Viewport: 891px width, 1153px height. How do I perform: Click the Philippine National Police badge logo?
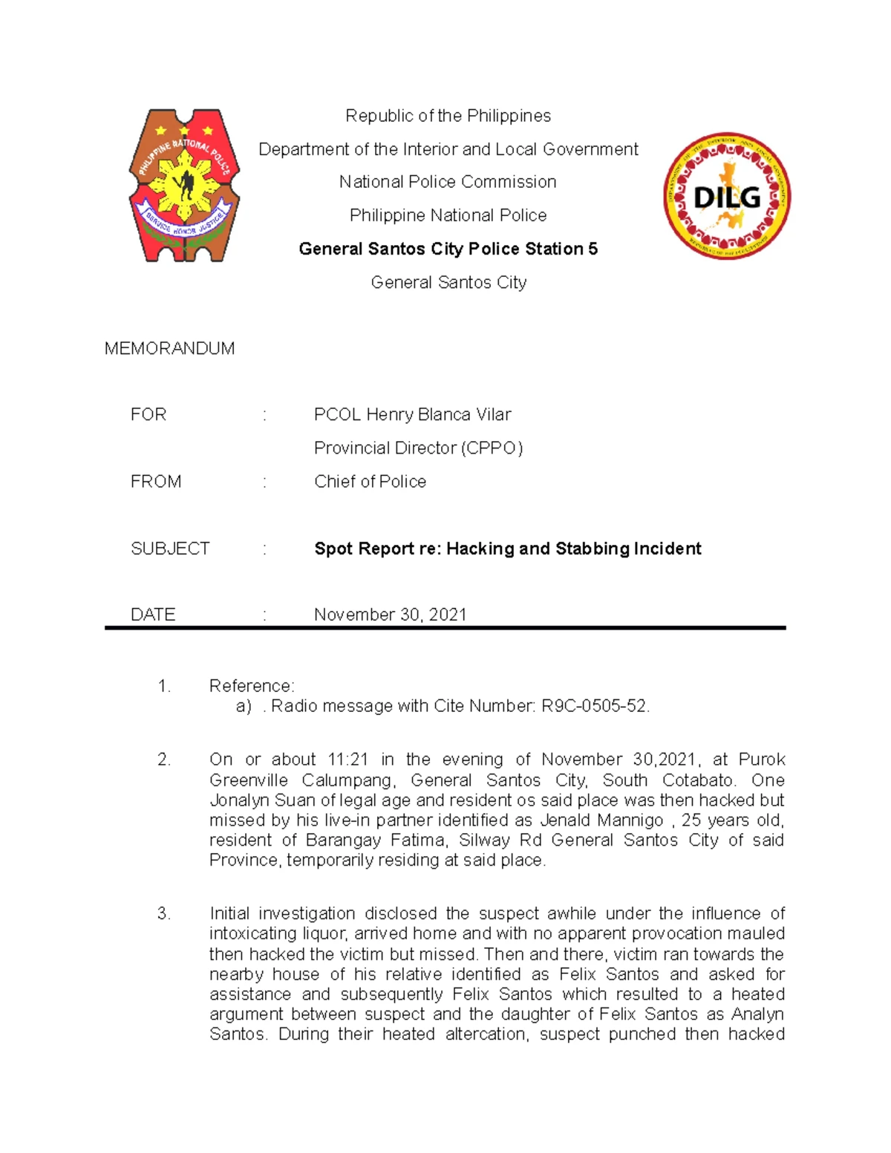pos(184,186)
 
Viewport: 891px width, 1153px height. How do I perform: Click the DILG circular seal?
pos(727,197)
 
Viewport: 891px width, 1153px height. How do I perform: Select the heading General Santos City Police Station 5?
pos(448,249)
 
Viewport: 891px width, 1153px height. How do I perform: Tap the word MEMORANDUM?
pos(169,348)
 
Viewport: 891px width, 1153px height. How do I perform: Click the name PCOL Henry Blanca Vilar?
pos(412,414)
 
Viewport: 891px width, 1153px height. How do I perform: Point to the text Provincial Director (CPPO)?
pos(418,448)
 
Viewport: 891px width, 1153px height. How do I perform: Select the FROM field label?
pos(156,481)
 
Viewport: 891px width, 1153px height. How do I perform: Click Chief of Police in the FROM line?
pos(370,481)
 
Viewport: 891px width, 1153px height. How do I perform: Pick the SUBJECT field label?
pos(170,549)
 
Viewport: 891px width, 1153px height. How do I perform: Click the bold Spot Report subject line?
pos(507,549)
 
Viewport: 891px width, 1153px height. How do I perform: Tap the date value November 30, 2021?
pos(390,614)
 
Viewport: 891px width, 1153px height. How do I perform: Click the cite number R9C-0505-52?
pos(594,706)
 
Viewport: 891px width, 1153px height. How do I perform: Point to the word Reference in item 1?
pos(251,685)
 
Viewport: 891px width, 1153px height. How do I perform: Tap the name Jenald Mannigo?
pos(601,820)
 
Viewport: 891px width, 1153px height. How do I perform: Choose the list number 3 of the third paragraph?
pos(163,913)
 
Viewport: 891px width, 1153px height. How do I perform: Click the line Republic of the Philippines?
pos(448,116)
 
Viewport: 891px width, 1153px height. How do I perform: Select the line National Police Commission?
pos(448,182)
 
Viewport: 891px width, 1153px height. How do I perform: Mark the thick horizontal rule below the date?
pos(445,628)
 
